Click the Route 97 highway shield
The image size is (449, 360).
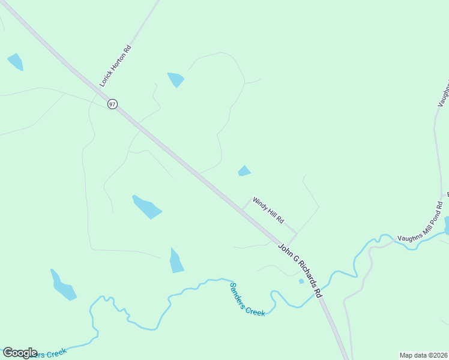[112, 104]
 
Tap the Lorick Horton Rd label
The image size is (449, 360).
[115, 66]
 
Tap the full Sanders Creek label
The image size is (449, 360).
[247, 299]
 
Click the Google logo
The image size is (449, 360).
[20, 353]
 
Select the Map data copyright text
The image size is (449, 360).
[423, 355]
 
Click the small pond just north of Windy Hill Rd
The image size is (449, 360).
[244, 171]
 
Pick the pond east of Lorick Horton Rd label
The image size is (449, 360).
[176, 79]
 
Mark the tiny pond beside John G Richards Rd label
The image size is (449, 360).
[301, 281]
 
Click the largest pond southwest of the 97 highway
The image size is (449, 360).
[146, 207]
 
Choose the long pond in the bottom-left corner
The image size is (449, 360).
[63, 286]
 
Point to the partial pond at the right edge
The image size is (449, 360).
[446, 226]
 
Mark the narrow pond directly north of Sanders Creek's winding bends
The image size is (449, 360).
[176, 261]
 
